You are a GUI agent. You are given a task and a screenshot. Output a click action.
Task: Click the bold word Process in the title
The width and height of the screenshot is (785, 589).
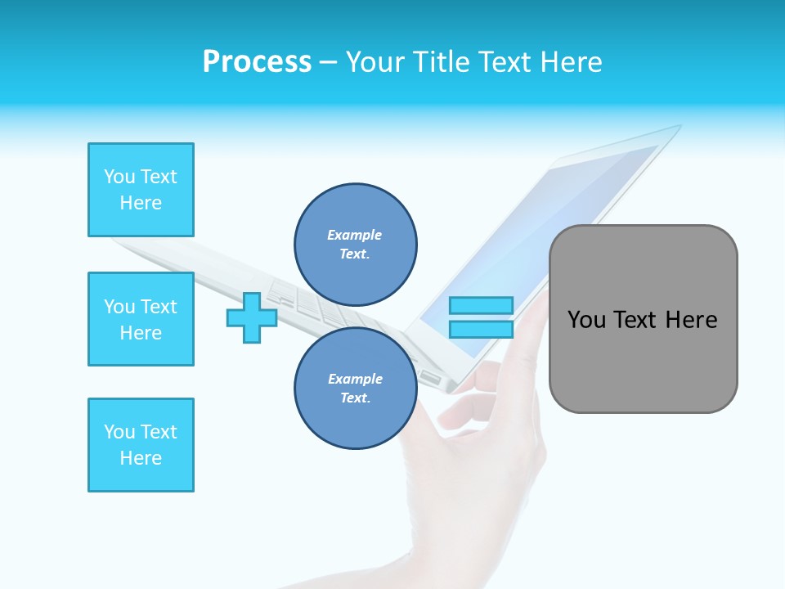[x=257, y=62]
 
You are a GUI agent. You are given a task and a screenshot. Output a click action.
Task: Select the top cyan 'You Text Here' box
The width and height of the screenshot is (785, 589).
[x=141, y=190]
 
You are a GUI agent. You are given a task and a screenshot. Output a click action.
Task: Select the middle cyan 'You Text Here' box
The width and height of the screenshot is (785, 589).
[x=141, y=319]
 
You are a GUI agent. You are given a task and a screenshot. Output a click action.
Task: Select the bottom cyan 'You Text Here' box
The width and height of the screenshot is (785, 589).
[x=141, y=445]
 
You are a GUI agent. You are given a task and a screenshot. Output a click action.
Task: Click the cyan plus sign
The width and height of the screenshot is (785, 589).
[x=252, y=317]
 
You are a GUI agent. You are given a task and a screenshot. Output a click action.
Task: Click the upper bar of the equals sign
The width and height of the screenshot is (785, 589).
[x=481, y=306]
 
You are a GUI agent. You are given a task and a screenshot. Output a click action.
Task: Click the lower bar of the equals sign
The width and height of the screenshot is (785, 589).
[x=481, y=330]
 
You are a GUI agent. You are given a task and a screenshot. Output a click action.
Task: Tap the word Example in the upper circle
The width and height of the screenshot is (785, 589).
[x=354, y=235]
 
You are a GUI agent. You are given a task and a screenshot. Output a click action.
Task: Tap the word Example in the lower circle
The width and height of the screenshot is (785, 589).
[x=354, y=379]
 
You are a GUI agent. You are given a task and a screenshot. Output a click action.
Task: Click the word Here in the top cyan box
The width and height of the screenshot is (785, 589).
[x=141, y=203]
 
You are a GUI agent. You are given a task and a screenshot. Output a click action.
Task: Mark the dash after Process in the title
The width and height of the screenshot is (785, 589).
[x=329, y=62]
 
